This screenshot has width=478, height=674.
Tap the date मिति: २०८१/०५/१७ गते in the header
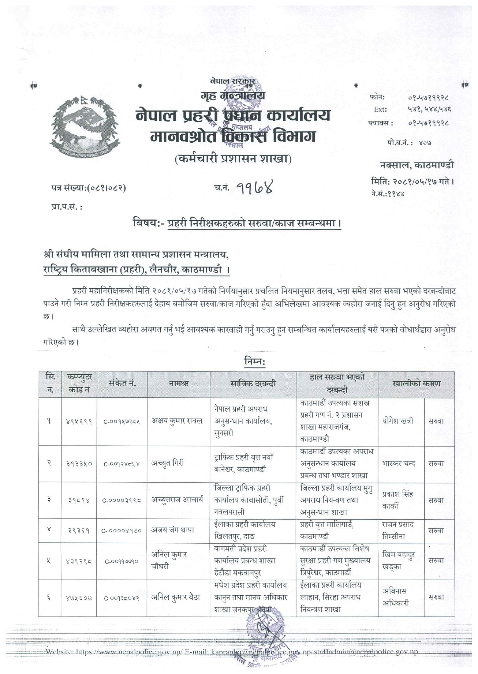click(412, 181)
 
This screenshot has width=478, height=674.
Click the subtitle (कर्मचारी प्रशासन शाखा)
click(233, 160)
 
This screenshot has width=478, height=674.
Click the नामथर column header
click(179, 383)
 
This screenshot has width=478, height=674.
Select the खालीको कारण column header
click(416, 383)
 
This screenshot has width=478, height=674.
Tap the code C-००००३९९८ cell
click(122, 500)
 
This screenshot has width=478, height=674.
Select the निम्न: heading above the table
click(254, 362)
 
